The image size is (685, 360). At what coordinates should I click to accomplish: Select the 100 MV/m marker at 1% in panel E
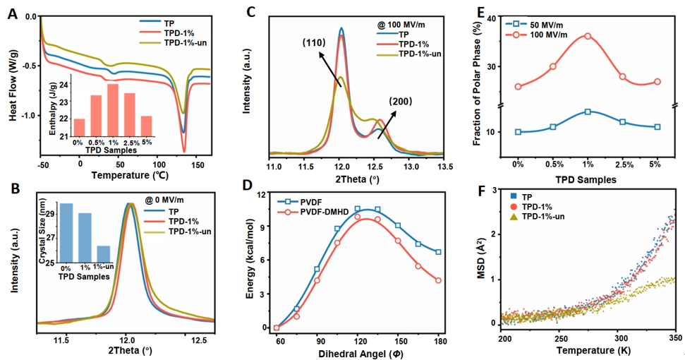[588, 36]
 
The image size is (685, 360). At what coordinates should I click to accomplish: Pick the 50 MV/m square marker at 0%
[519, 132]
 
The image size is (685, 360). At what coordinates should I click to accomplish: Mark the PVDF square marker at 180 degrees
[439, 252]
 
